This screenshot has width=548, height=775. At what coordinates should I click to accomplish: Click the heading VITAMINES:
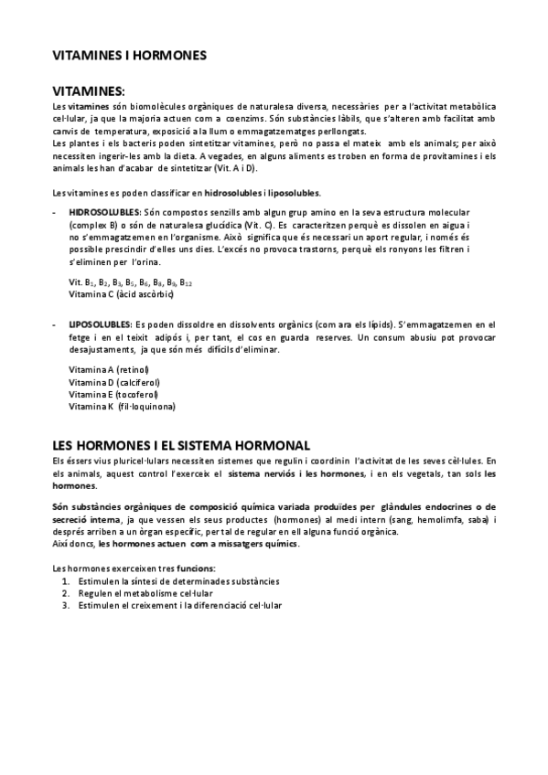click(x=89, y=91)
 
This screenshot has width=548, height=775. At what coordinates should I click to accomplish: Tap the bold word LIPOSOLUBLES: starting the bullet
click(x=100, y=324)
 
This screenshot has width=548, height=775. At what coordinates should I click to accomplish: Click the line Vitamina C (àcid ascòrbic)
click(x=121, y=294)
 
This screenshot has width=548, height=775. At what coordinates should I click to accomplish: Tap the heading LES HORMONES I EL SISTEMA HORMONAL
click(x=181, y=444)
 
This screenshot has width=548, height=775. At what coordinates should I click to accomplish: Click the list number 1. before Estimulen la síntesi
click(x=66, y=581)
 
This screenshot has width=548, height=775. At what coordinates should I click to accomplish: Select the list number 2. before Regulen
click(x=66, y=593)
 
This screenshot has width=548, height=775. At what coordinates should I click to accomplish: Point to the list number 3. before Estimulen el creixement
click(x=66, y=605)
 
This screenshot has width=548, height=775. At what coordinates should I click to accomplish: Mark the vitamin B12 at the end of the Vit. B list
click(x=186, y=282)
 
